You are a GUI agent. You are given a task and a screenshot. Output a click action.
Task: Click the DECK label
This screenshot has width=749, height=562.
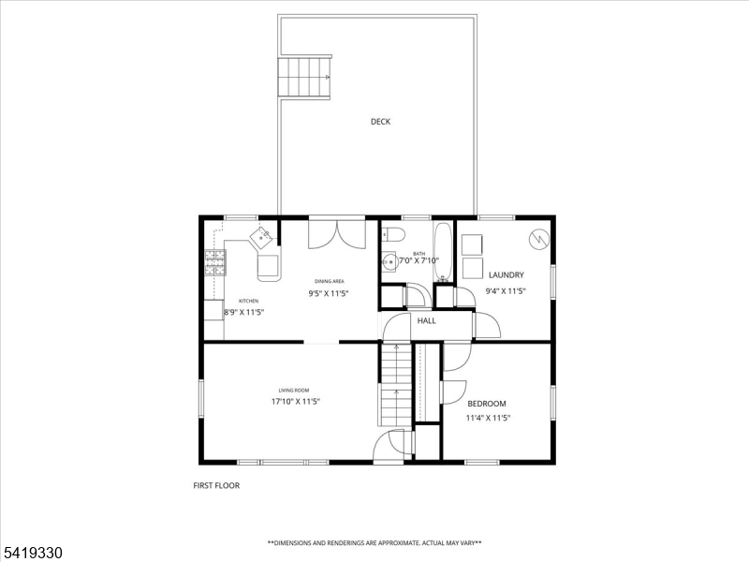(x=380, y=122)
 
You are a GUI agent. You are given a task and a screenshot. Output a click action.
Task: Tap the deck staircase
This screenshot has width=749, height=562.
(x=304, y=76)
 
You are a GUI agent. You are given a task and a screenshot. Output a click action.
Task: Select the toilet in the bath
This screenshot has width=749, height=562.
(x=393, y=234)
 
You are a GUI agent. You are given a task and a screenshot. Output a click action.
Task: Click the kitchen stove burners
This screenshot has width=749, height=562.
(x=214, y=261)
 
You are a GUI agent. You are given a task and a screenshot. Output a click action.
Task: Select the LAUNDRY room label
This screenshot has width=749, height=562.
(x=506, y=275)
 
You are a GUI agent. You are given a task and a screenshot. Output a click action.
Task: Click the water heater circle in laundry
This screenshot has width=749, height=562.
(x=539, y=239)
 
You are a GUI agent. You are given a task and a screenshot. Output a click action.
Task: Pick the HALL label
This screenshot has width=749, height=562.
(x=427, y=321)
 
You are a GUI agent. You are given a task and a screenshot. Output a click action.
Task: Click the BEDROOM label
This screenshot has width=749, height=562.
(x=487, y=404)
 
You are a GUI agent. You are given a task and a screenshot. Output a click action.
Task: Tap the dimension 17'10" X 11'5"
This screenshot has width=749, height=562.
(x=296, y=402)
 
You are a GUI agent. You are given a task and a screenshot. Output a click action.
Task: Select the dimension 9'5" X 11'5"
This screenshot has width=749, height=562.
(x=329, y=293)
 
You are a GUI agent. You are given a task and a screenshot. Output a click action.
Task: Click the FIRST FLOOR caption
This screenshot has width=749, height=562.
(x=216, y=486)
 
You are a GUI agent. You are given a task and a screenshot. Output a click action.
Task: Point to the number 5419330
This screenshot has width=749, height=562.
(x=33, y=553)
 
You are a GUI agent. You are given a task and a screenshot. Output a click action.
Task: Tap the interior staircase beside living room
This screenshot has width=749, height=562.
(x=395, y=385)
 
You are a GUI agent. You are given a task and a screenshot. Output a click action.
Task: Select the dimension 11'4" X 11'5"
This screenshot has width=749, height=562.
(x=488, y=419)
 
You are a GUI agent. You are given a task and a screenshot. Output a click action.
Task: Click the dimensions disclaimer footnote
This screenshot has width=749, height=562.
(x=374, y=543)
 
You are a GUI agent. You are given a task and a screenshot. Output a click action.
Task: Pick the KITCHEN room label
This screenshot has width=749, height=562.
(x=248, y=301)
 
